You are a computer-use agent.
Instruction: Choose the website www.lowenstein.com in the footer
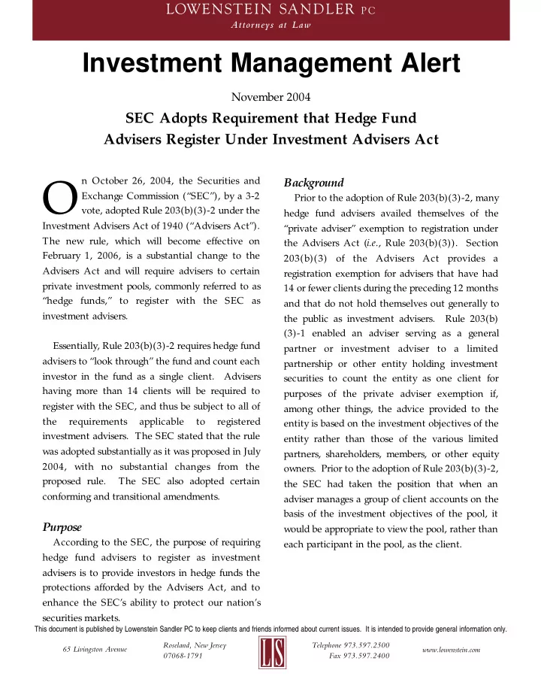tap(451, 649)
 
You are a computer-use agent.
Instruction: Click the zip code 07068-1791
tap(183, 656)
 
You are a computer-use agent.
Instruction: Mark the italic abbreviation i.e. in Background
tap(385, 243)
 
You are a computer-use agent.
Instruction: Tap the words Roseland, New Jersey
tap(195, 644)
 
